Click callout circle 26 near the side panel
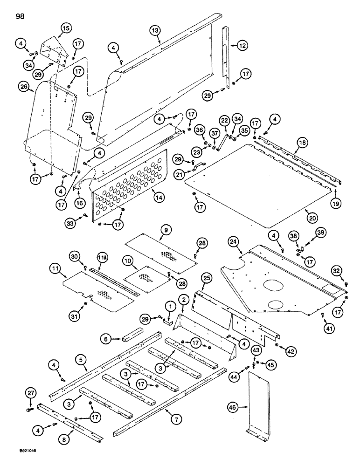click(x=24, y=86)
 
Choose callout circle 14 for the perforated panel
click(x=159, y=197)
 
